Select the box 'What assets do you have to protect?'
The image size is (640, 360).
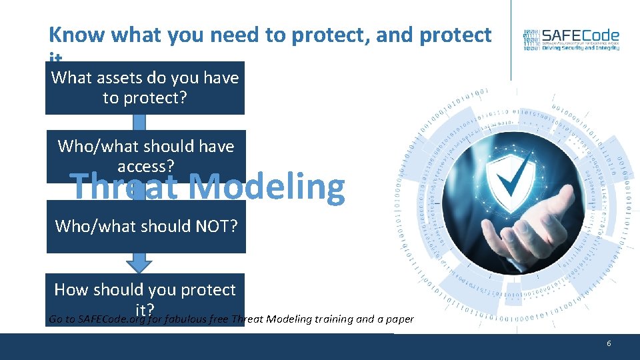pyautogui.click(x=145, y=88)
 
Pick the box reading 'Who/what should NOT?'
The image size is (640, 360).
pyautogui.click(x=145, y=227)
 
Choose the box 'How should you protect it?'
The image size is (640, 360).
pyautogui.click(x=145, y=293)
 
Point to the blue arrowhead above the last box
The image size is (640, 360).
pyautogui.click(x=139, y=263)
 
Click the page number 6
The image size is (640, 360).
pyautogui.click(x=609, y=343)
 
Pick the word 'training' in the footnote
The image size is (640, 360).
pyautogui.click(x=331, y=319)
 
